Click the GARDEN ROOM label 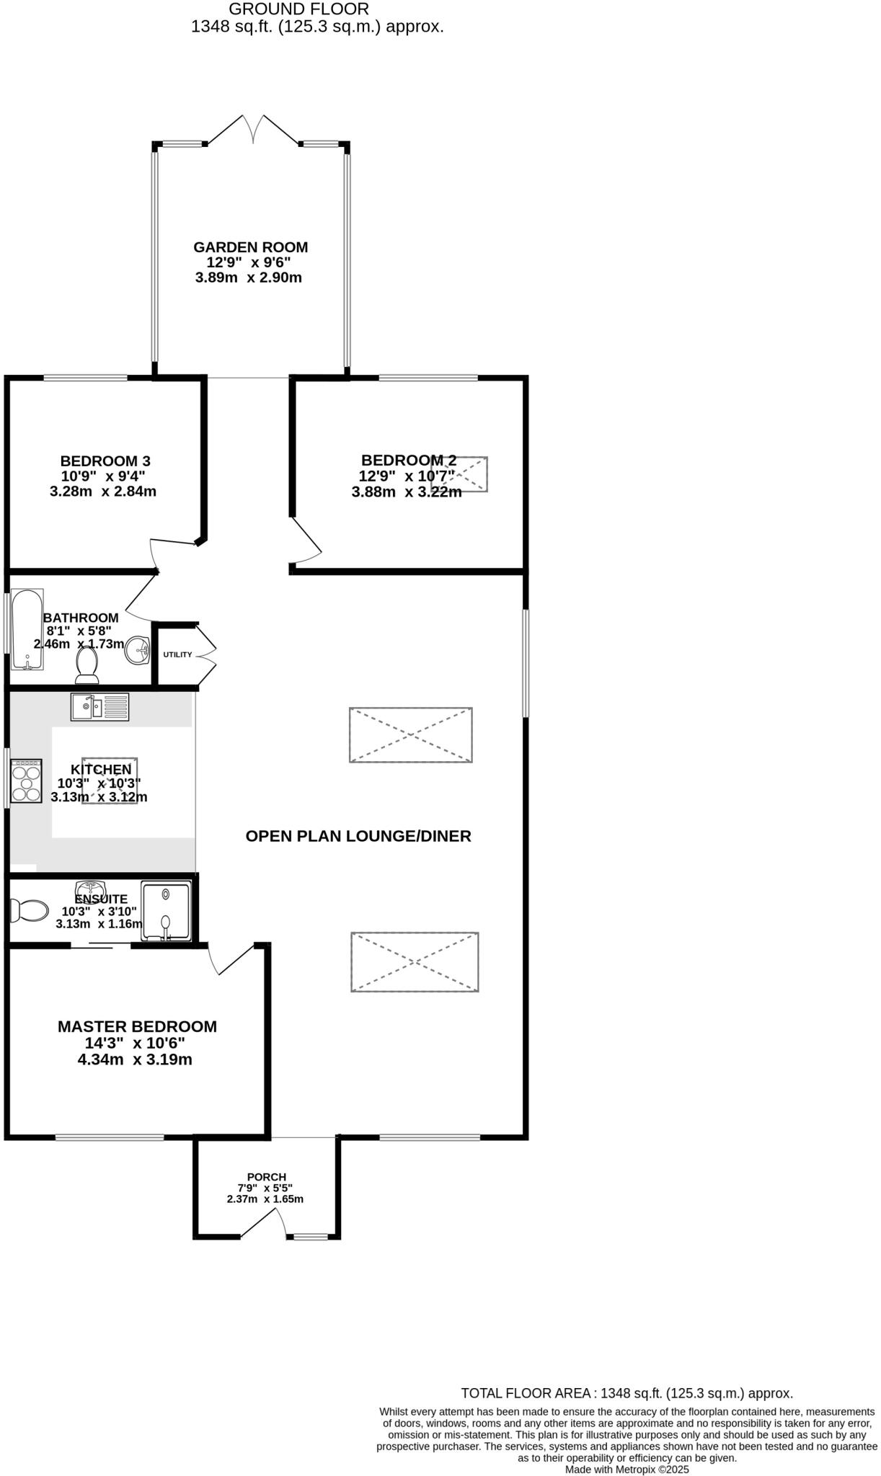[250, 247]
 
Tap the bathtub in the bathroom [27, 629]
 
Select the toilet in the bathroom [87, 665]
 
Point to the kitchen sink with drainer [99, 706]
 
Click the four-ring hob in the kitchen [26, 781]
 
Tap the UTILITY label [177, 654]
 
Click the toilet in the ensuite [28, 910]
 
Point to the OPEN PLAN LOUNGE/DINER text [358, 836]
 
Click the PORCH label [266, 1177]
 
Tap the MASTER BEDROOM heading [137, 1026]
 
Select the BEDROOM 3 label [105, 461]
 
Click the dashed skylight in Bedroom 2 [460, 474]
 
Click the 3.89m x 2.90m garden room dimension [248, 277]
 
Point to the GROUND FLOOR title [298, 9]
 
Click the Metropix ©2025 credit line [627, 1469]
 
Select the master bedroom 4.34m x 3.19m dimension [135, 1059]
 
